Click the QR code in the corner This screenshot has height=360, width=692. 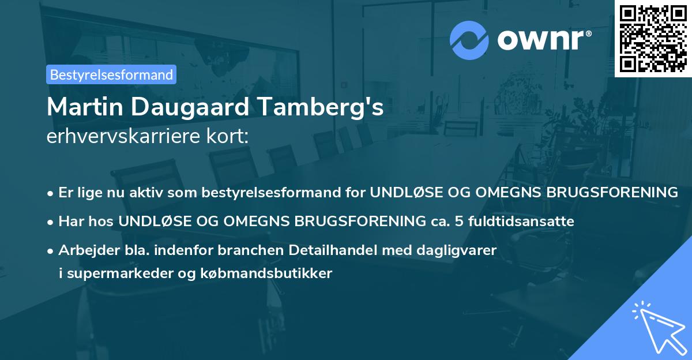(x=653, y=38)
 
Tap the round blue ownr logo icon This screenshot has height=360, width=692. (x=469, y=40)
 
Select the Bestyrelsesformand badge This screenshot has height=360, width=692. (x=111, y=74)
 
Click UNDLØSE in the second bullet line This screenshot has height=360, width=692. (x=153, y=221)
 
